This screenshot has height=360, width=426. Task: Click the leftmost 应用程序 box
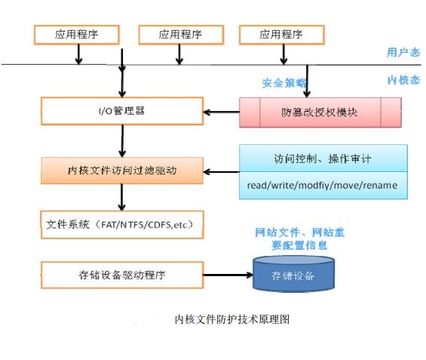click(x=77, y=35)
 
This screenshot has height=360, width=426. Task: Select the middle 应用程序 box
click(x=181, y=35)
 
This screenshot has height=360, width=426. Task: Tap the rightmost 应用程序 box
click(x=282, y=35)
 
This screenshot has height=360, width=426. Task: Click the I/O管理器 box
click(x=122, y=111)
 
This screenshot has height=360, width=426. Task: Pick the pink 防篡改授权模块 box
click(x=320, y=112)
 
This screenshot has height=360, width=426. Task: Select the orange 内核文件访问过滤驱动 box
click(x=122, y=171)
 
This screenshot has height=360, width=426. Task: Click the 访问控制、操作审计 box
click(x=323, y=158)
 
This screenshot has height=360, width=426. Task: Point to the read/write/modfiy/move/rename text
click(x=322, y=186)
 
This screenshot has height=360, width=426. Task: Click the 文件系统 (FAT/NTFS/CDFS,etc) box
click(x=122, y=225)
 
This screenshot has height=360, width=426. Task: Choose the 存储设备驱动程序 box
click(x=122, y=275)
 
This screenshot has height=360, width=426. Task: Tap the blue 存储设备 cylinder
click(x=294, y=274)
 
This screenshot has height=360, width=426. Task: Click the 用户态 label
click(x=403, y=52)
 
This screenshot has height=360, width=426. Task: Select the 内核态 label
click(x=403, y=80)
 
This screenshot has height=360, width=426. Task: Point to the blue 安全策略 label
click(x=284, y=83)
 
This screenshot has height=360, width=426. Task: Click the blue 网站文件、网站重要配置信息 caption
click(x=299, y=238)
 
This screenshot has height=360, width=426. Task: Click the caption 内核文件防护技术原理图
click(x=232, y=319)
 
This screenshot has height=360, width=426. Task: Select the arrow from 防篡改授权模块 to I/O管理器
click(x=222, y=112)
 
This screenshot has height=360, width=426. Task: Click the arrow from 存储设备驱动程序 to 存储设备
click(x=228, y=275)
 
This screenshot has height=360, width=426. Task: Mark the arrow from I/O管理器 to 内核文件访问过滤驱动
click(x=122, y=141)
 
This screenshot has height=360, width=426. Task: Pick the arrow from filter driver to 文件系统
click(x=121, y=198)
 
